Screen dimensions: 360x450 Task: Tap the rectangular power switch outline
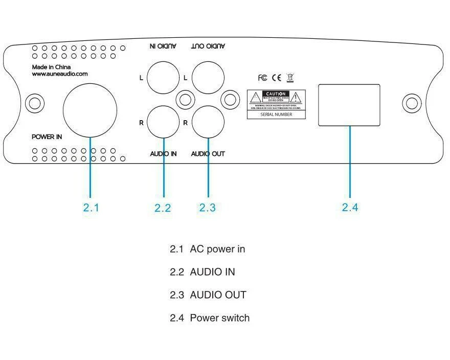(x=350, y=105)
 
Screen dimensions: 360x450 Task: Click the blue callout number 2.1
(x=91, y=208)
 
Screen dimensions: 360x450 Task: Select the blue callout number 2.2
(x=163, y=208)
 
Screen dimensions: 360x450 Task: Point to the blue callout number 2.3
(x=208, y=208)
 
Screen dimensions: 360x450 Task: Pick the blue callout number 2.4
(x=350, y=207)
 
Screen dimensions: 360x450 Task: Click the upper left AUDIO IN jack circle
(x=163, y=77)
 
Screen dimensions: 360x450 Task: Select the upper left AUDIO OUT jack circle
(x=208, y=77)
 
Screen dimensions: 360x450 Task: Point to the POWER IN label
(x=47, y=137)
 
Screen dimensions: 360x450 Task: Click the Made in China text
(x=51, y=67)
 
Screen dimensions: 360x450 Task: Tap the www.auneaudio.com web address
(x=59, y=74)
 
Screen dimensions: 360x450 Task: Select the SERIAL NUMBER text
(x=277, y=115)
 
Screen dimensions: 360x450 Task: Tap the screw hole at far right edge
(x=411, y=104)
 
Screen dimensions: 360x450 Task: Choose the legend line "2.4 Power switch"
(x=210, y=318)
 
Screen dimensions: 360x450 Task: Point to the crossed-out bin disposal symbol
(x=290, y=78)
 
